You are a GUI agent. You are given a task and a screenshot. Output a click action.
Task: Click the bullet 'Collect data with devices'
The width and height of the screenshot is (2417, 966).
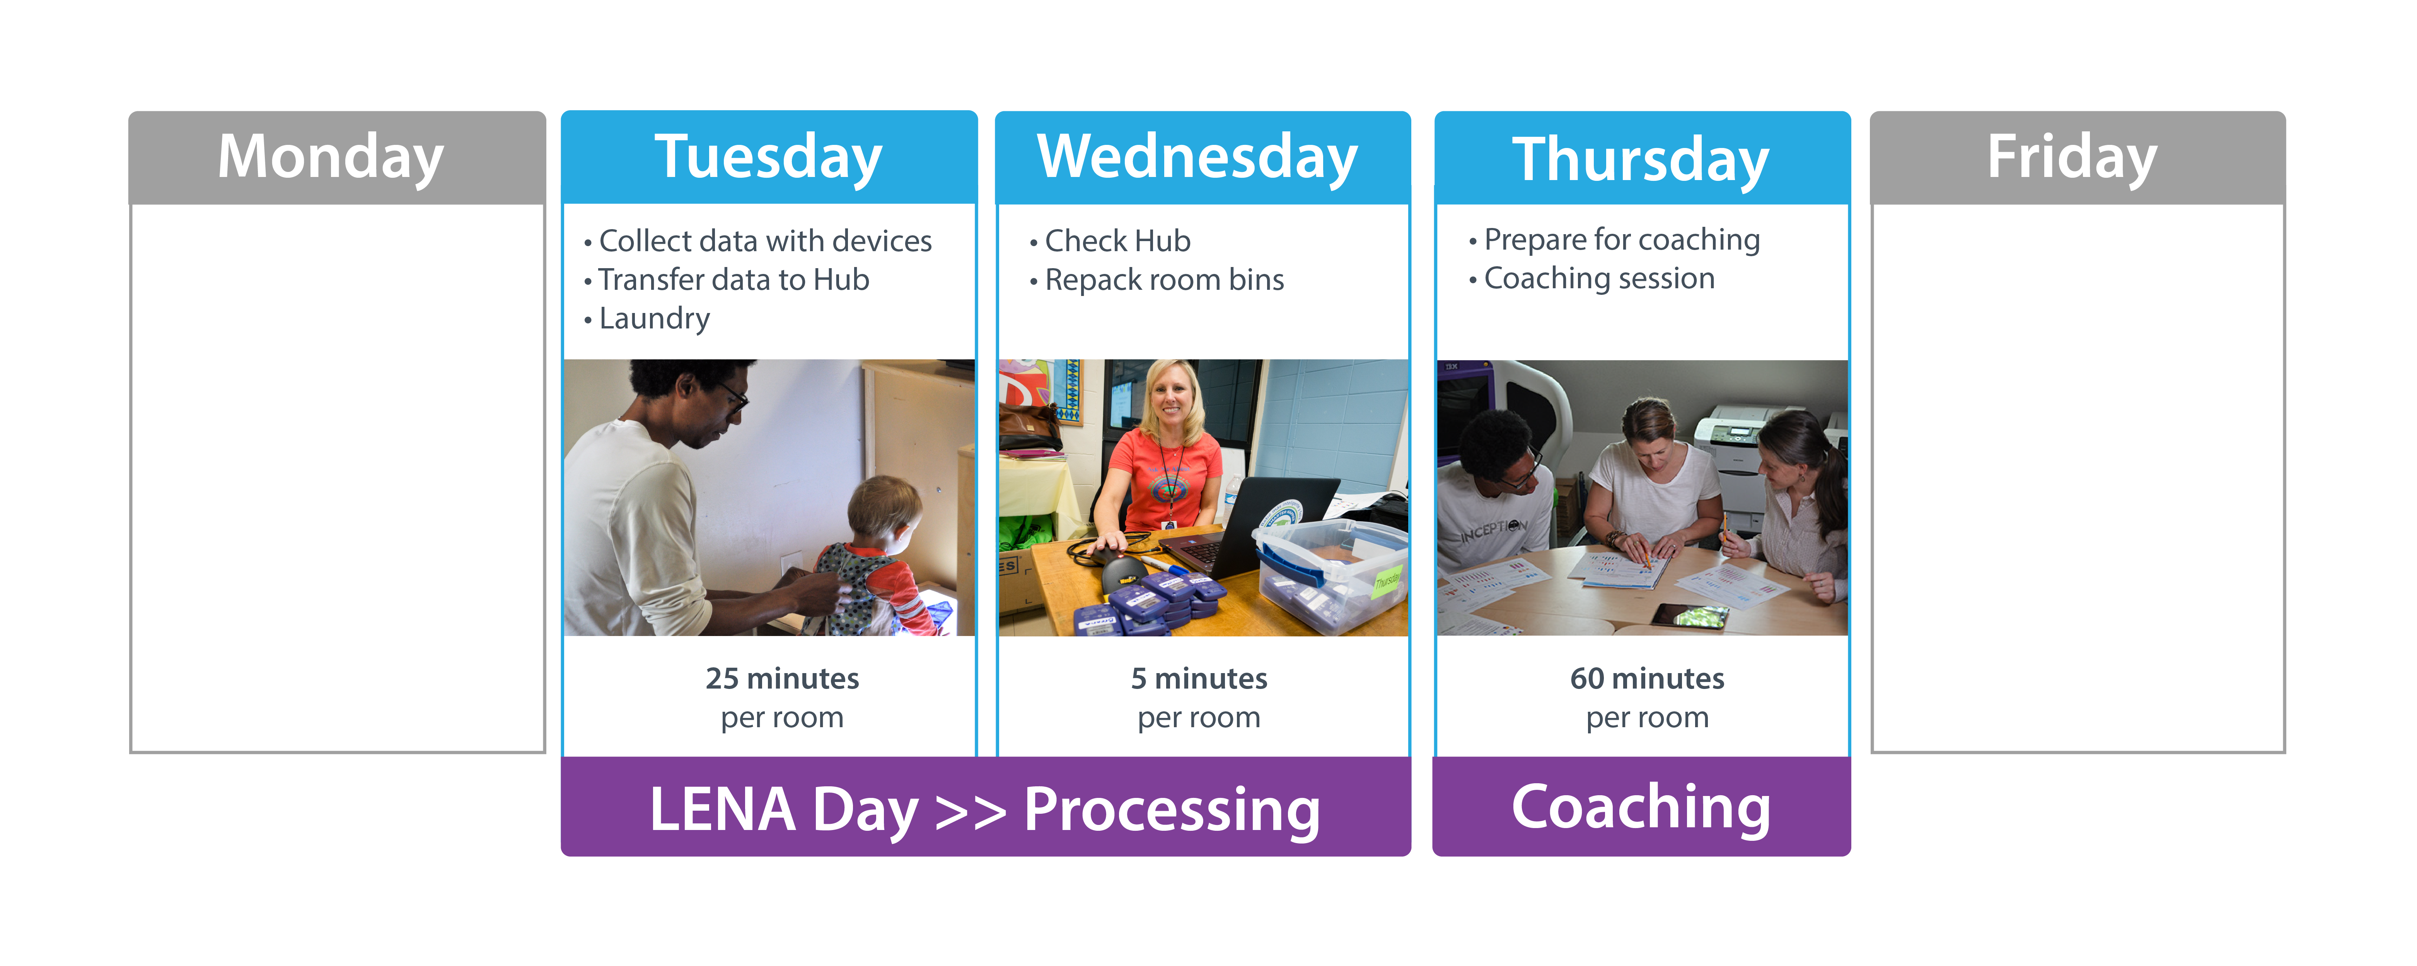click(x=765, y=241)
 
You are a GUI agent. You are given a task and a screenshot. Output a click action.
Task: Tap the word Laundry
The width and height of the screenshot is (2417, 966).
click(x=654, y=319)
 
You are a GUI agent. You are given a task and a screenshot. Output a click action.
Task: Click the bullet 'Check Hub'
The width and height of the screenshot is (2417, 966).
click(x=1117, y=241)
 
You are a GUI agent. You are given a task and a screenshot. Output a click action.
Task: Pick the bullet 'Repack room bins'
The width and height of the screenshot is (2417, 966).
click(x=1163, y=279)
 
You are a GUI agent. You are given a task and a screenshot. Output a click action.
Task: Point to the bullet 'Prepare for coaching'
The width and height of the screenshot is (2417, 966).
click(x=1620, y=240)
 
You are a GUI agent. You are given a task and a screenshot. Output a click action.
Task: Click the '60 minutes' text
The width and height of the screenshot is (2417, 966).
click(x=1647, y=678)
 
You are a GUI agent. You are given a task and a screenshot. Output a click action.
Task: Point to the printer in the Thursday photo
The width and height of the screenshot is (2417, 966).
click(x=1736, y=459)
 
